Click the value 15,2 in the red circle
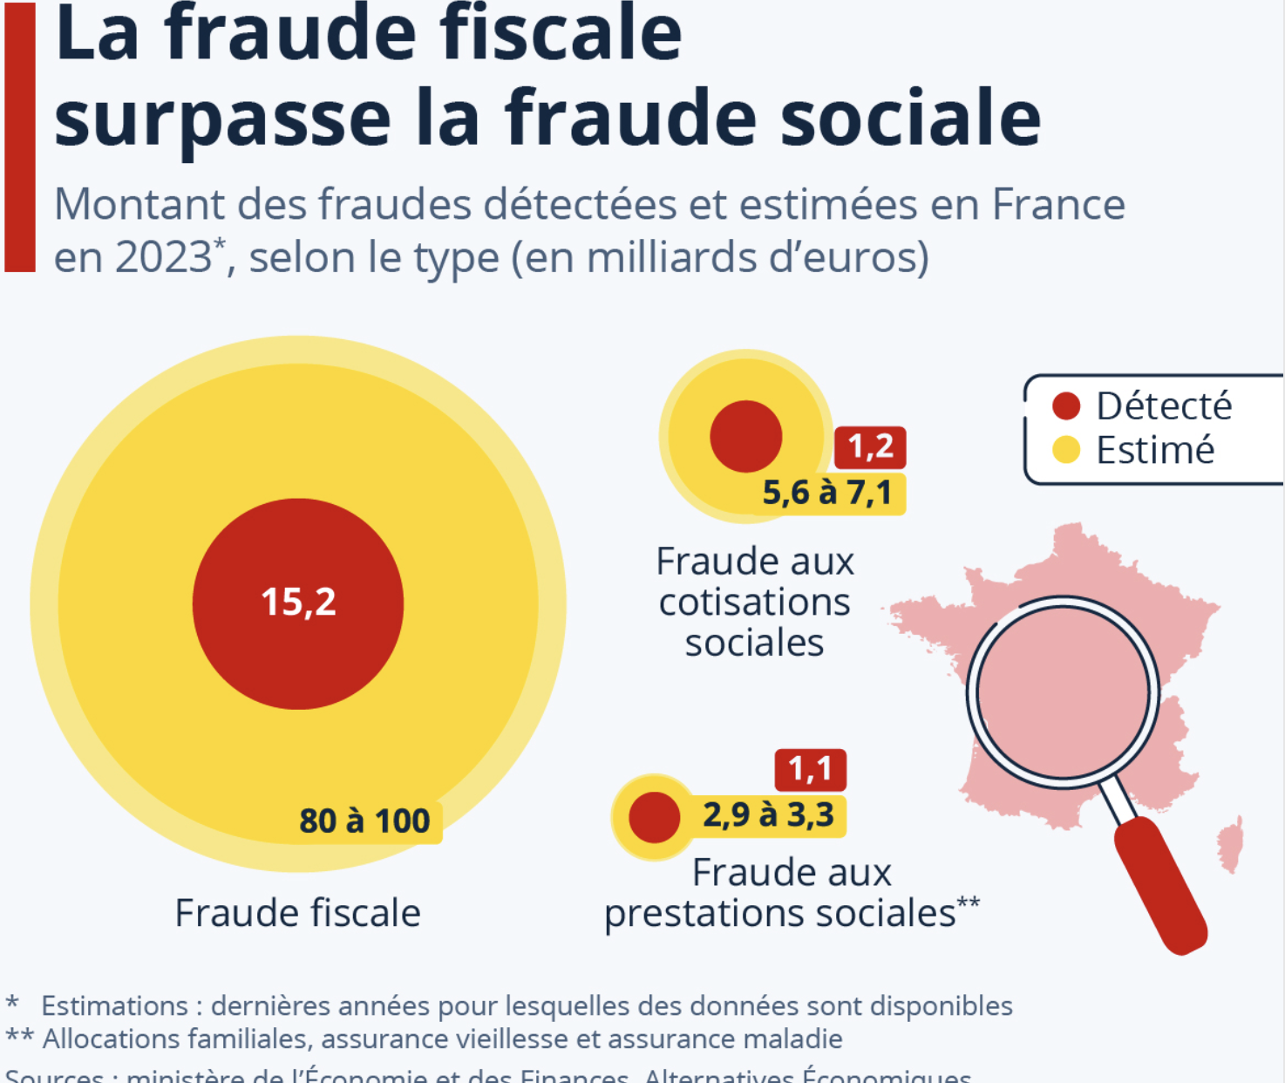pos(298,603)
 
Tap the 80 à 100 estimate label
pos(364,821)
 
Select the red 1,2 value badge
pos(870,447)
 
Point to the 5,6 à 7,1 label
pos(827,493)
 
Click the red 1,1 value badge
pos(810,769)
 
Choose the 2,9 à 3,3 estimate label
pos(768,814)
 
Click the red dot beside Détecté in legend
pos(1065,405)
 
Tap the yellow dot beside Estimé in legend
pos(1065,450)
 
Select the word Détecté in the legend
pos(1164,405)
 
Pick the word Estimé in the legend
pos(1155,450)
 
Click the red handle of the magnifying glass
pos(1160,884)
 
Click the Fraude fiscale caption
pos(297,913)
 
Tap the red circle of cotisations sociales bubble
pos(745,436)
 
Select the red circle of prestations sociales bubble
pos(654,817)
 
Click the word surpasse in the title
pos(223,119)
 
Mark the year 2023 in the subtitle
pos(163,257)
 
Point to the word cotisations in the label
pos(754,603)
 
